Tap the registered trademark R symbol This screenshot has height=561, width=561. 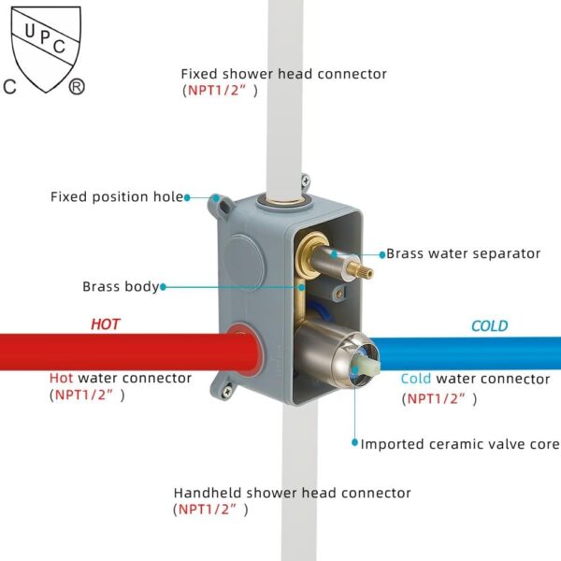click(x=77, y=87)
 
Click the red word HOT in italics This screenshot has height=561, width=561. click(x=105, y=324)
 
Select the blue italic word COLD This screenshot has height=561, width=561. click(x=489, y=326)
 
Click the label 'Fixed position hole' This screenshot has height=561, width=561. click(x=117, y=197)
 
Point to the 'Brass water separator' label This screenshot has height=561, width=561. click(x=463, y=253)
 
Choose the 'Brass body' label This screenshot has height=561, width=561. click(x=121, y=287)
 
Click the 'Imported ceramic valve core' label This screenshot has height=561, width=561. click(x=460, y=444)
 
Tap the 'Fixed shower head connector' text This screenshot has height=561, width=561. click(x=283, y=74)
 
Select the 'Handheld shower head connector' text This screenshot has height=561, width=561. click(x=292, y=493)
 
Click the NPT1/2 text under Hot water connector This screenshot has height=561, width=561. click(x=87, y=395)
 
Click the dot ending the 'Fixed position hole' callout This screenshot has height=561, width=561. click(x=188, y=197)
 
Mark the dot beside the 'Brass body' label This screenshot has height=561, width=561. click(x=164, y=287)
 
